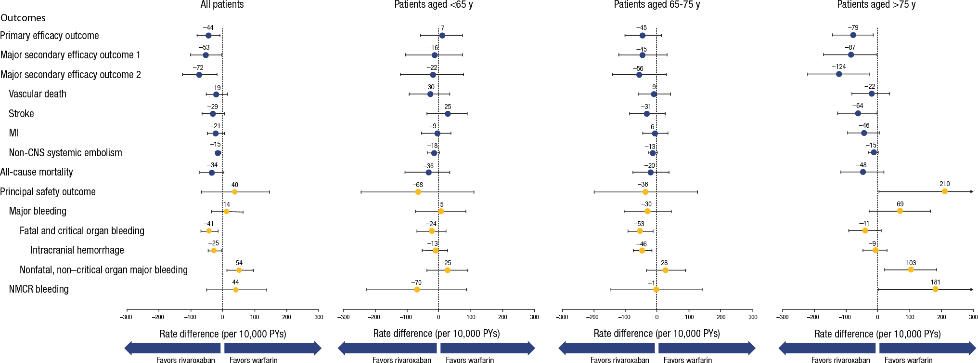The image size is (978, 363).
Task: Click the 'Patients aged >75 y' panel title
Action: pos(876,5)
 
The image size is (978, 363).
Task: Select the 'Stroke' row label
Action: pos(21,114)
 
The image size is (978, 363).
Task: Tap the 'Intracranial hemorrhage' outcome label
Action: pos(77,250)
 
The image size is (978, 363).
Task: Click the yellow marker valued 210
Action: pos(944,192)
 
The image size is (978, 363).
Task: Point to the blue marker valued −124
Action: pos(839,74)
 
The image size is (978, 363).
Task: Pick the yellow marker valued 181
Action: pos(935,289)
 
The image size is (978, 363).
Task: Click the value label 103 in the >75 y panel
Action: pos(911,263)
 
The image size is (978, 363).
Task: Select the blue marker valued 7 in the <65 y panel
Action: pos(442,36)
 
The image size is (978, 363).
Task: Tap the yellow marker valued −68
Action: pos(418,192)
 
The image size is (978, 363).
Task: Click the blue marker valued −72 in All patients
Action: pos(199,75)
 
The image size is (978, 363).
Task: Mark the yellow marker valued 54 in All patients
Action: pos(239,270)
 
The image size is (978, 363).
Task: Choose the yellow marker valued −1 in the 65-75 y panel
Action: pos(656,289)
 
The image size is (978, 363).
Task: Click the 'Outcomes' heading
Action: pos(23,18)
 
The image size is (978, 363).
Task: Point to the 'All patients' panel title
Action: pos(222,5)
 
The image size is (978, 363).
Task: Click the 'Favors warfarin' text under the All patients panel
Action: pos(253,360)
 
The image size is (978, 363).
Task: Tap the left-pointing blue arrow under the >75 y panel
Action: pos(827,348)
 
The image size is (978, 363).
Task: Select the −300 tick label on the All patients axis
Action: pos(126,317)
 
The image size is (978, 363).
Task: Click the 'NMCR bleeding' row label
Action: pos(39,289)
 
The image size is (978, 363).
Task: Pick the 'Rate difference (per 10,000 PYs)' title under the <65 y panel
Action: pos(436,334)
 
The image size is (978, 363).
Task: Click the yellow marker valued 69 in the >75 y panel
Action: pos(900,211)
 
